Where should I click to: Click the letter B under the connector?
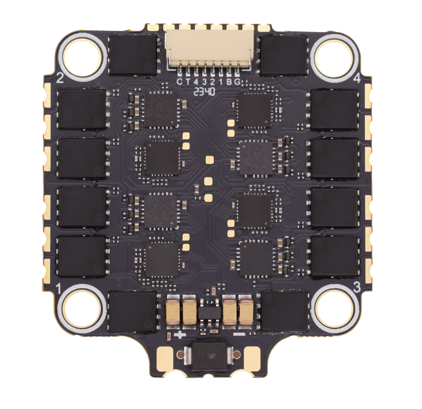229,81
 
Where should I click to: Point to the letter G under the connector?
238,81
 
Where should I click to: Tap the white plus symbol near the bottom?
179,335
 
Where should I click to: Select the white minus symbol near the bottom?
239,335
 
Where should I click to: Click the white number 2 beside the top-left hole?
60,78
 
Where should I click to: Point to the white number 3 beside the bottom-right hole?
357,287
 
